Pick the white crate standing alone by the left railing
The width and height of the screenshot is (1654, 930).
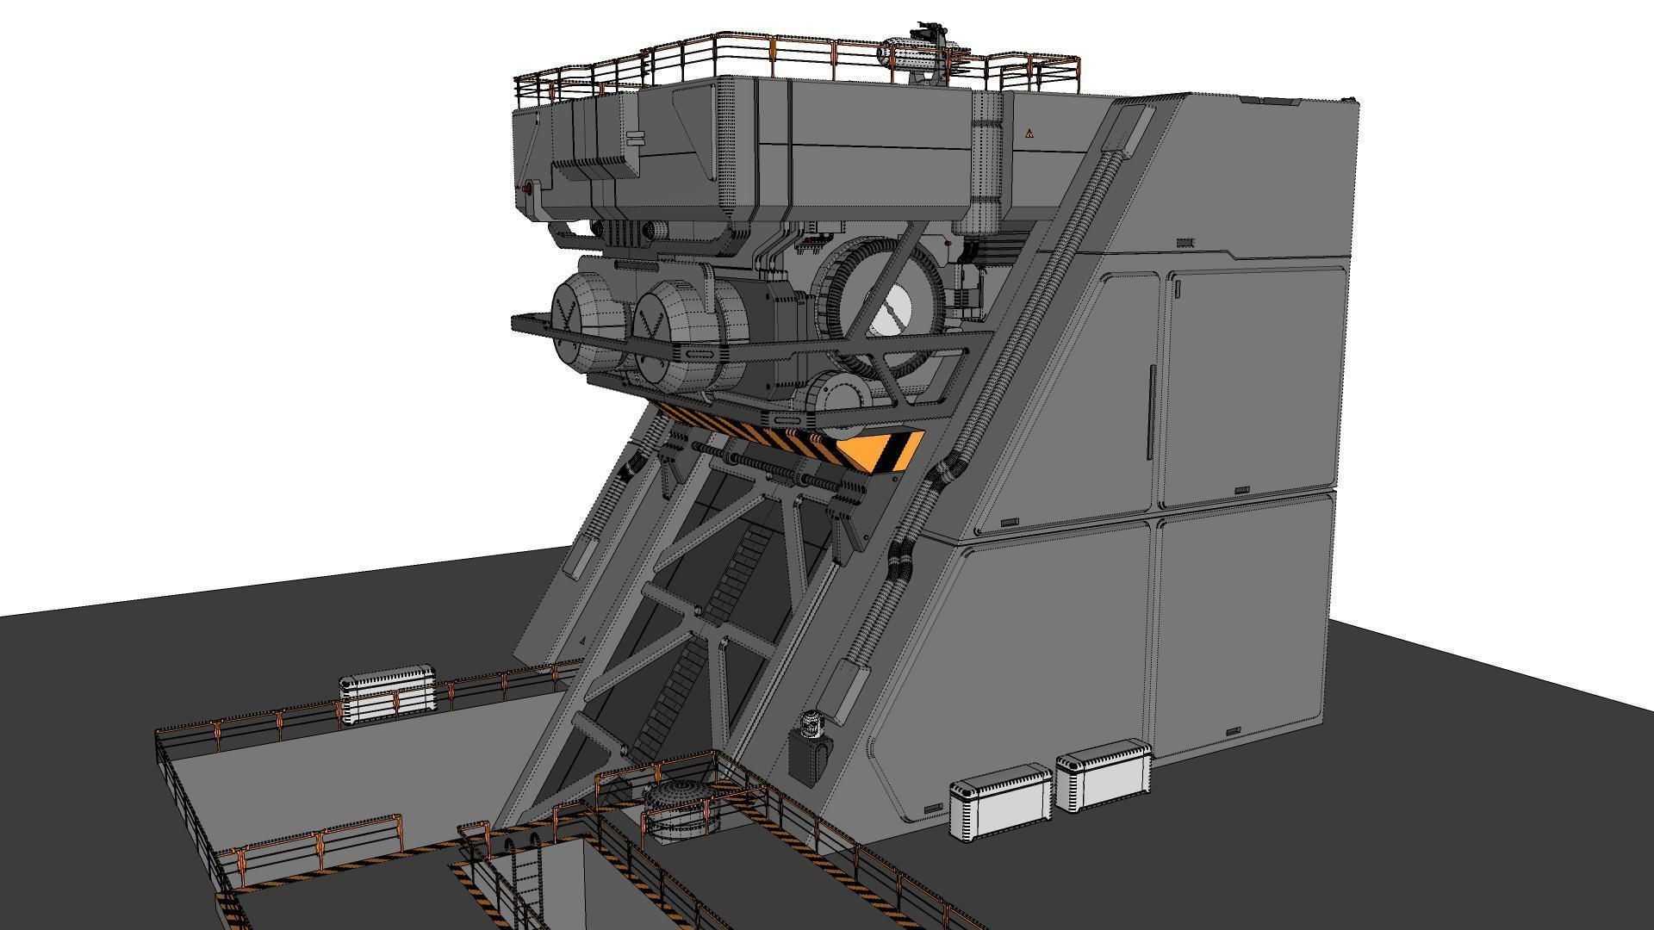(x=387, y=693)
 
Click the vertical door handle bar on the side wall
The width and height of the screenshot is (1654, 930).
(x=1151, y=412)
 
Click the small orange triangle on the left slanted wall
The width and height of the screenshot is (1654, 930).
(x=583, y=641)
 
